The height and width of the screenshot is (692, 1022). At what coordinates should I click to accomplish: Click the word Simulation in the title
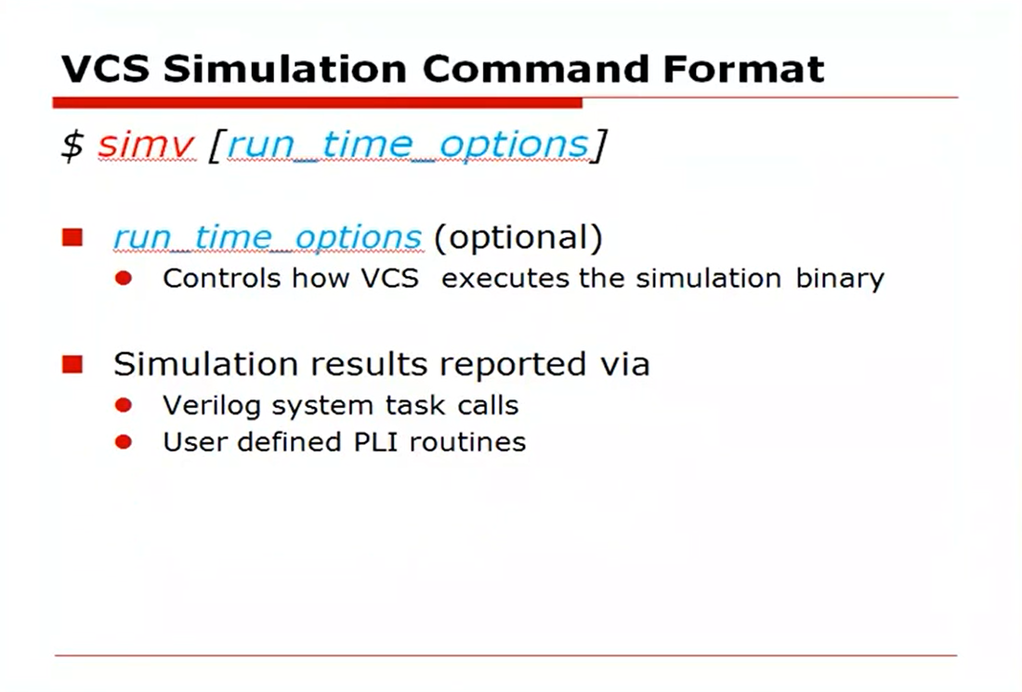point(281,69)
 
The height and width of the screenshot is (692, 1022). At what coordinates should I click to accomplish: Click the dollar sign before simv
point(72,146)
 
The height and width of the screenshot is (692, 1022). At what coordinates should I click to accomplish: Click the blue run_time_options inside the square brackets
point(407,146)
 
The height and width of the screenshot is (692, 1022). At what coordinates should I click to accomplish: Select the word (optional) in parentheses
point(518,238)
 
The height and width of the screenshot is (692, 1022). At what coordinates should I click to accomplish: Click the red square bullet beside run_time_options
point(72,239)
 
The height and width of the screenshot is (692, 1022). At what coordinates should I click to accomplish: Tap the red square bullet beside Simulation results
point(72,364)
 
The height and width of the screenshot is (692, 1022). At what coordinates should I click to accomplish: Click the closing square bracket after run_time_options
point(599,146)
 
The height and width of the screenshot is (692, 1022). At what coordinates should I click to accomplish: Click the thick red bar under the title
point(316,102)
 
